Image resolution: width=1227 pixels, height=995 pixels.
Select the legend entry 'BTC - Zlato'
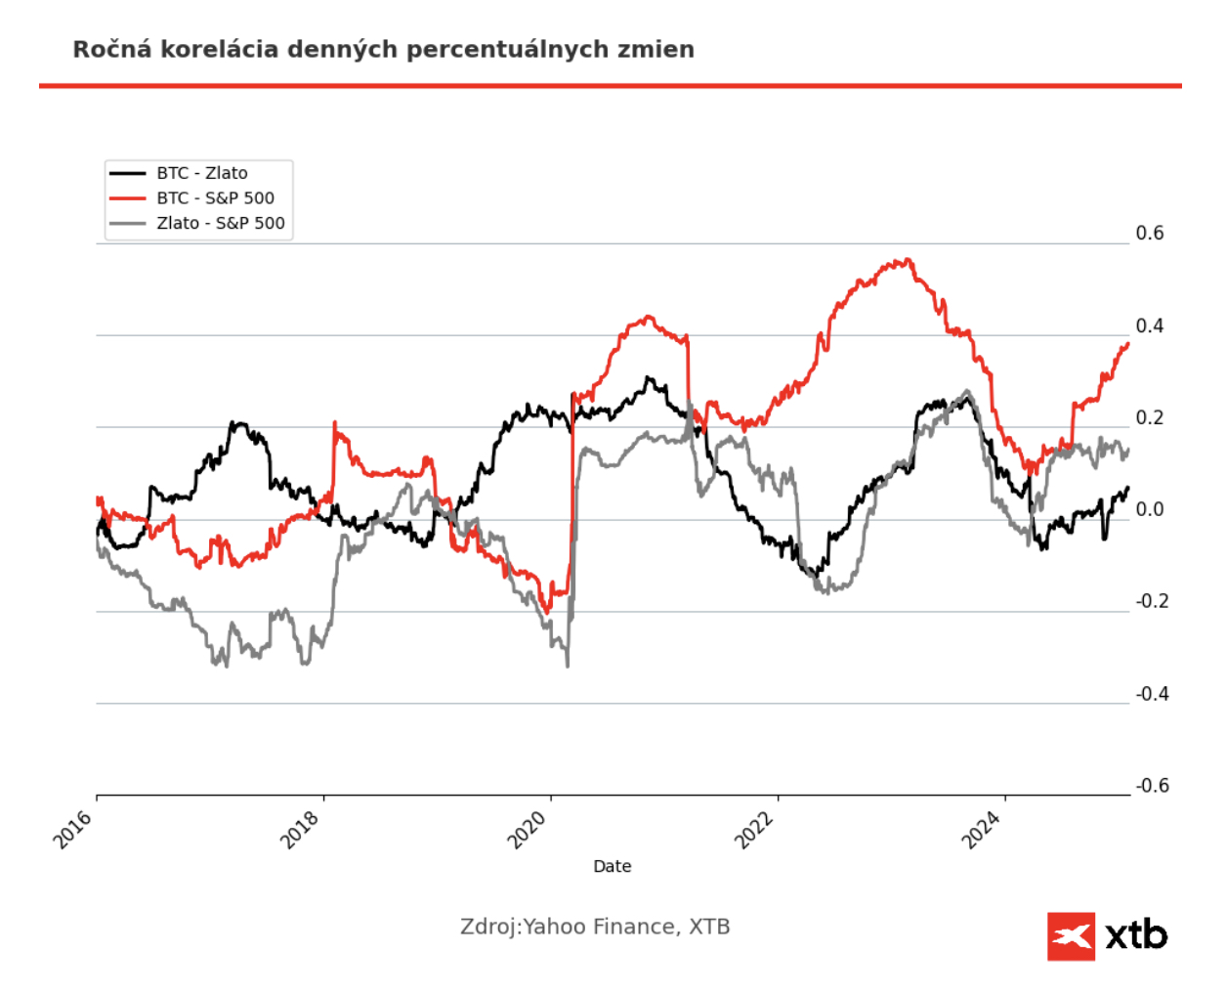[x=201, y=173]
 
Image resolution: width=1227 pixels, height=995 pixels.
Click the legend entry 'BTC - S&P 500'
[x=215, y=197]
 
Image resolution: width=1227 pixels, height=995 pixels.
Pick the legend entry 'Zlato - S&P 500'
[x=221, y=223]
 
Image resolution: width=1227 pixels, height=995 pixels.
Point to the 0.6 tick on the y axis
[x=1150, y=233]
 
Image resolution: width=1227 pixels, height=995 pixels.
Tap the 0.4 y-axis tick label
[x=1150, y=325]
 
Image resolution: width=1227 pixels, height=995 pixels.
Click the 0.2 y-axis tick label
[x=1150, y=417]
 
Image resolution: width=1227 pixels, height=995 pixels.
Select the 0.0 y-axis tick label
[x=1150, y=509]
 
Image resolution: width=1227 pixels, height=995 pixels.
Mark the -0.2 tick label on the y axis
[x=1152, y=601]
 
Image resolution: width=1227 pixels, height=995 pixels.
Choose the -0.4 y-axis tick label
[x=1152, y=694]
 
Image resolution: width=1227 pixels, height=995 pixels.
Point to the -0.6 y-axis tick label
[x=1152, y=786]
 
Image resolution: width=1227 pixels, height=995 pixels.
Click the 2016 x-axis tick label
[x=73, y=829]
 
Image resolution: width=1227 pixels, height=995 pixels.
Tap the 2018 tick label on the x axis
[x=301, y=829]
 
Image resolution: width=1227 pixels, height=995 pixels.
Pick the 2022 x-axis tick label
[x=755, y=829]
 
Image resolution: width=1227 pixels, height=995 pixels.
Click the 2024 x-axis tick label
[x=982, y=829]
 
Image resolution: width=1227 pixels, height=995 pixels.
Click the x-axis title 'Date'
[x=613, y=866]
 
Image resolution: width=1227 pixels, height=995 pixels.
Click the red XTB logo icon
[x=1071, y=936]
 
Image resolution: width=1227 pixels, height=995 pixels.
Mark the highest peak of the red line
[x=909, y=259]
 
